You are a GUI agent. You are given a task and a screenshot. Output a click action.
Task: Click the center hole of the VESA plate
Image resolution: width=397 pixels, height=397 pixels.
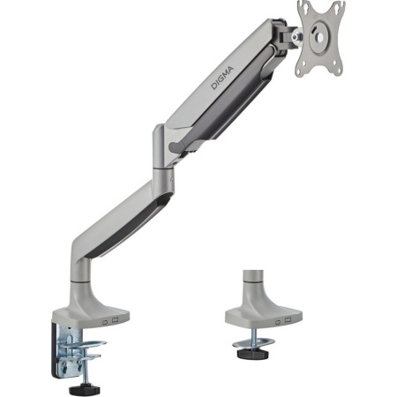coord(320,35)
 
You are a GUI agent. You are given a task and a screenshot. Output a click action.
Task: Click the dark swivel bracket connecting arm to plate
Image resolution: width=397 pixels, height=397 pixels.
coord(287,35)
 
